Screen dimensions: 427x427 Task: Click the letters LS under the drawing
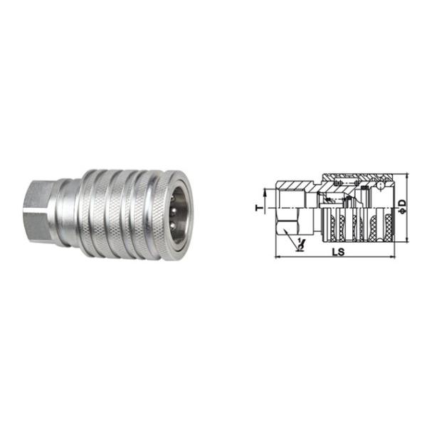coord(338,252)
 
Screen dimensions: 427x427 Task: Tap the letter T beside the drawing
coord(260,209)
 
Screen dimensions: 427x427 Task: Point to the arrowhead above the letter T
coord(264,194)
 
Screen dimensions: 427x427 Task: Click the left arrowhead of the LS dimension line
coord(279,256)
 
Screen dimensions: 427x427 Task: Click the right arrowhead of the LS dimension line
coord(391,256)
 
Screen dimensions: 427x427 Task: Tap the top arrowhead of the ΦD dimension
coord(406,176)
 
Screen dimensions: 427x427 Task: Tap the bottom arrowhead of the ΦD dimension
coord(406,239)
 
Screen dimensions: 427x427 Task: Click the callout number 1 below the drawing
coord(300,241)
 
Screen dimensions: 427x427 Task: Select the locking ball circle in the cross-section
coord(381,186)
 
